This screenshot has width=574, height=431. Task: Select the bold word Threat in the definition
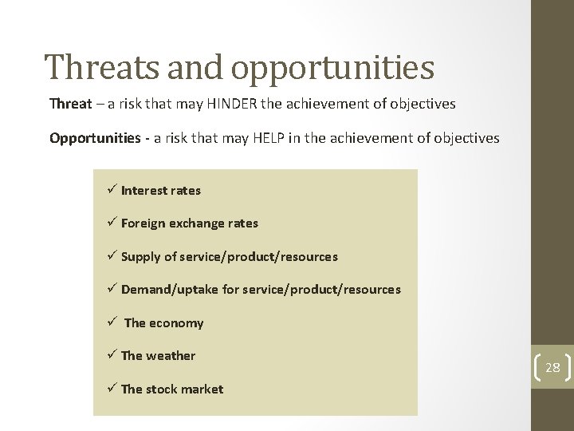71,104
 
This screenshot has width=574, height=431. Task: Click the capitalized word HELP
246,138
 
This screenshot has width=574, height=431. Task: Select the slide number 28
552,368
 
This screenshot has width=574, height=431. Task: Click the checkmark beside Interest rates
111,190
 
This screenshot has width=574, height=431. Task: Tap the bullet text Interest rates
161,191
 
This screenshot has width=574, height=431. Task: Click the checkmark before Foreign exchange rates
111,223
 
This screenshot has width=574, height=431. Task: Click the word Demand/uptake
170,290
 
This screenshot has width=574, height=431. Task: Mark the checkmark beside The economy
111,322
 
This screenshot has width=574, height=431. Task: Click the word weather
171,356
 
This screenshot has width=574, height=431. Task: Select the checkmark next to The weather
111,355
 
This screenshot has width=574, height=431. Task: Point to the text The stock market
172,389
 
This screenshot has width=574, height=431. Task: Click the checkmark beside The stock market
111,389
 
